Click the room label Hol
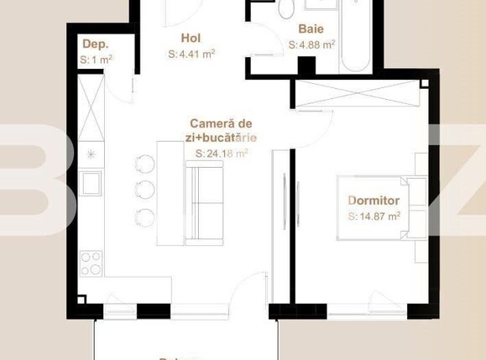click(191, 38)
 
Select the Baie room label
click(311, 29)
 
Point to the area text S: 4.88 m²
click(312, 44)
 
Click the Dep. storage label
click(95, 44)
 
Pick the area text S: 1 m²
click(97, 60)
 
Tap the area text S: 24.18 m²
click(222, 154)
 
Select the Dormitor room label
click(374, 201)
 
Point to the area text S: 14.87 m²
click(374, 216)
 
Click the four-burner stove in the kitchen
click(91, 263)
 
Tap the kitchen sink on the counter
click(91, 181)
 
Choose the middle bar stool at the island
click(144, 188)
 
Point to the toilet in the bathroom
click(286, 8)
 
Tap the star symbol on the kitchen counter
click(91, 155)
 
